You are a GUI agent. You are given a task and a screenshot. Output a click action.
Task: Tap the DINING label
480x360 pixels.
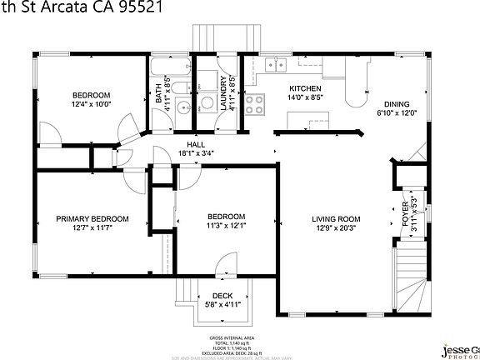tap(396, 104)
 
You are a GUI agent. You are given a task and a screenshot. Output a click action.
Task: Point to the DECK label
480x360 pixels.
tap(222, 296)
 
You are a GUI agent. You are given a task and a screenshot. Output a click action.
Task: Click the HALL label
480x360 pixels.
tap(196, 144)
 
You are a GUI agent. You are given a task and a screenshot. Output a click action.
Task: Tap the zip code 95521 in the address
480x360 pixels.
tap(137, 7)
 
